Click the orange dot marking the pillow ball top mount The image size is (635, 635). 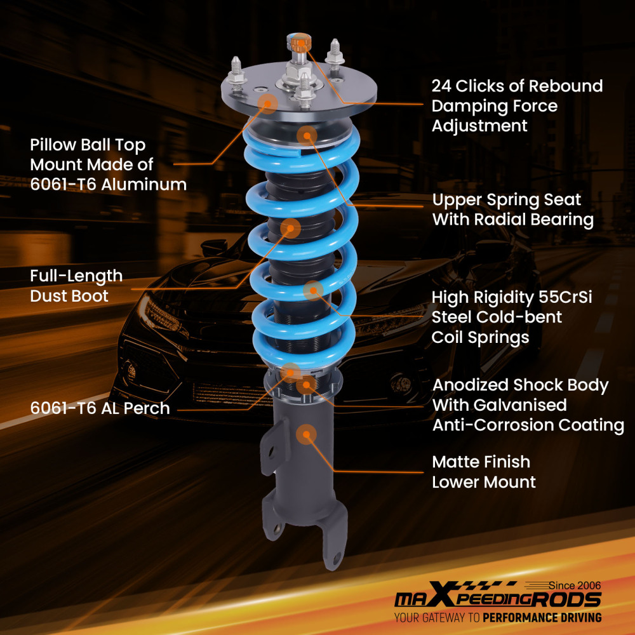pos(267,104)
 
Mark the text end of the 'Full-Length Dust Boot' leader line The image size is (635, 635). pos(131,289)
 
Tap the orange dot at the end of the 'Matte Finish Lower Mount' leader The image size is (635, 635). pos(307,434)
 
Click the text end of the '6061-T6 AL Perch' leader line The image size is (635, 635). pos(178,410)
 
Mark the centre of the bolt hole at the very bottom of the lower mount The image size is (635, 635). pos(337,559)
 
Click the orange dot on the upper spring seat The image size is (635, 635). pos(307,136)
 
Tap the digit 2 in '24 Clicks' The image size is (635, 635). pos(436,86)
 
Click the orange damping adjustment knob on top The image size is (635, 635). pos(299,43)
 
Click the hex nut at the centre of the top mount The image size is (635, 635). pos(299,73)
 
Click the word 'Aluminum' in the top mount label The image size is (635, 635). pos(144,185)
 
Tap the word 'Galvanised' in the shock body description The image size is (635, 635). pos(520,405)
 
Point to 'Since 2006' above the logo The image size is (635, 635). pos(575,585)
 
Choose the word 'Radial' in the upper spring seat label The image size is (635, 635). pos(500,220)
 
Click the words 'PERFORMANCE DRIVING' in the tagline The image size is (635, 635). pos(542,618)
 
